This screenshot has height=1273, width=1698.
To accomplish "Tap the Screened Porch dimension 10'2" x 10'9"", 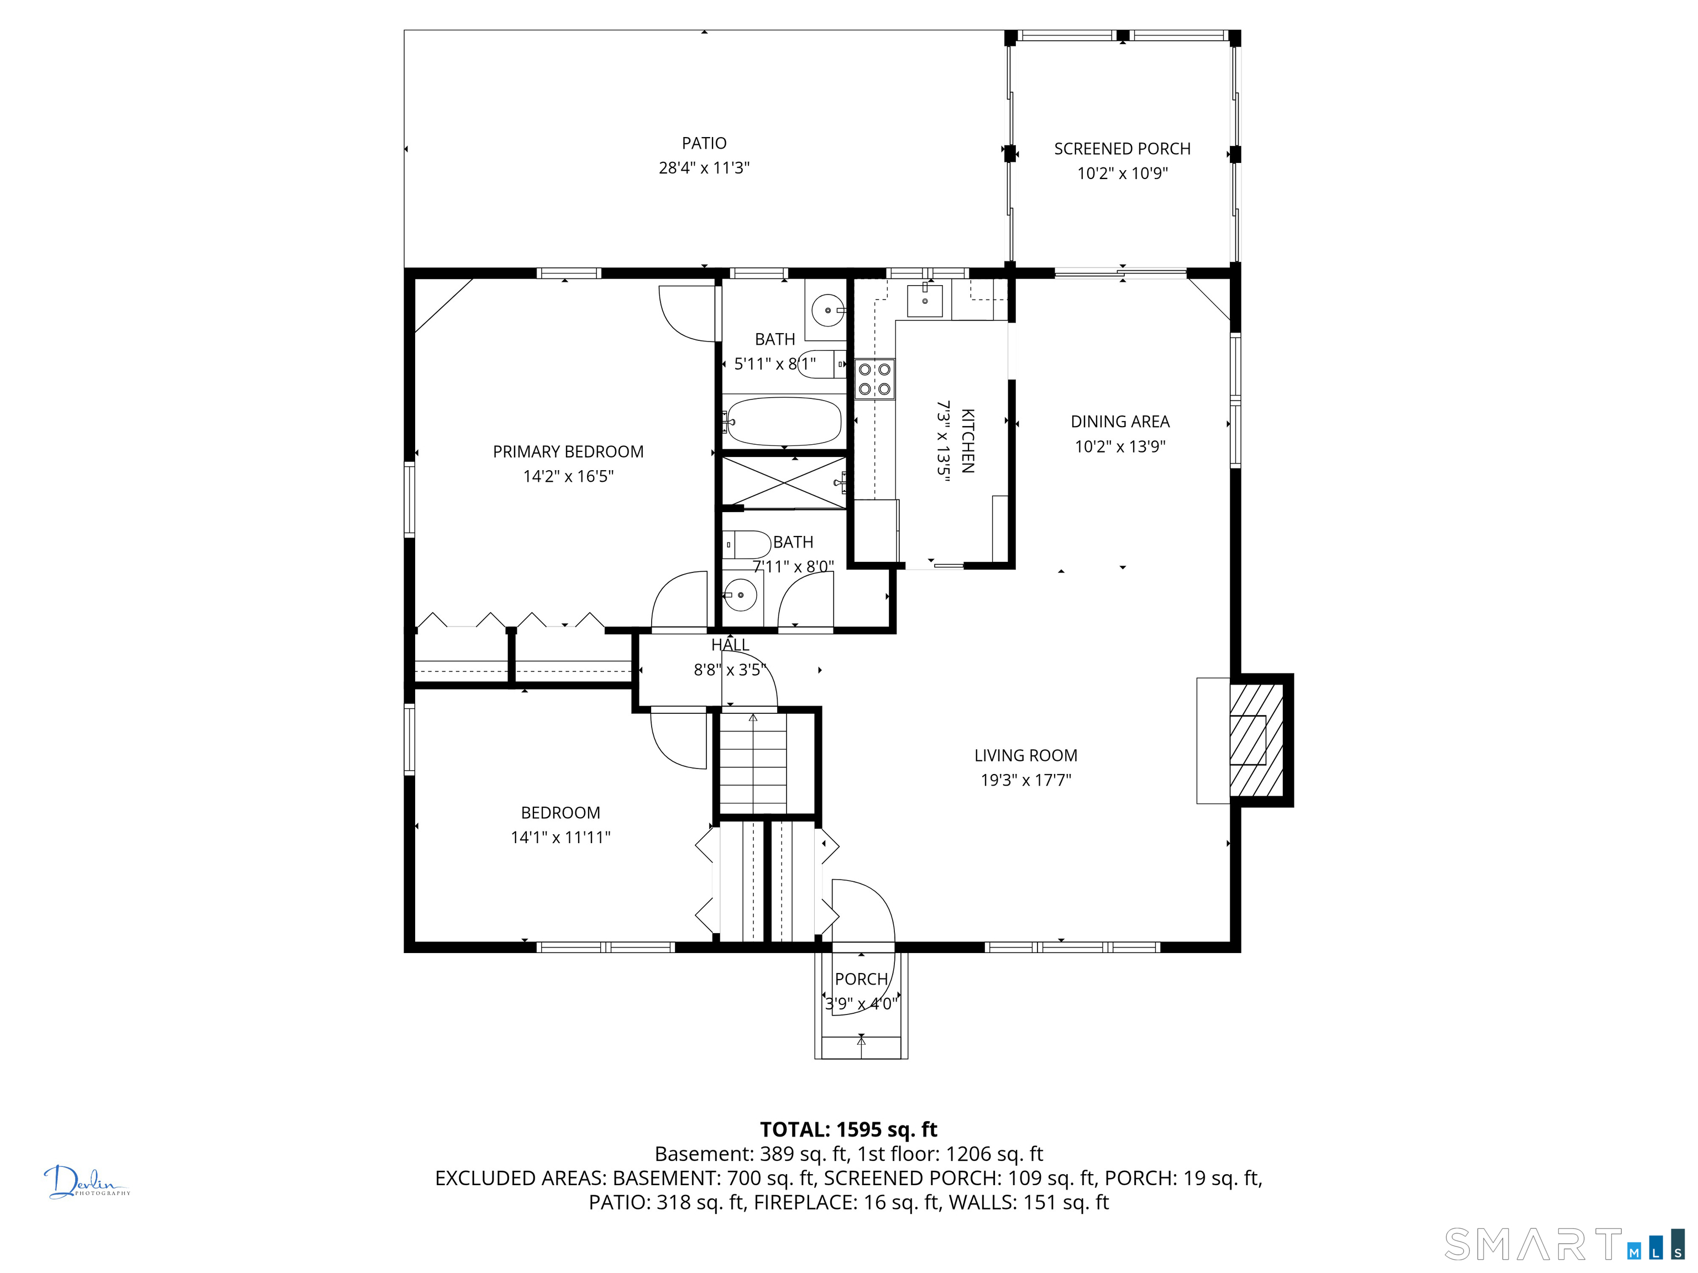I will tap(1121, 173).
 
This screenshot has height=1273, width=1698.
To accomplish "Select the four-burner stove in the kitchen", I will tap(875, 379).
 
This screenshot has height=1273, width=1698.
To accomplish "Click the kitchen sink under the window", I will tap(924, 299).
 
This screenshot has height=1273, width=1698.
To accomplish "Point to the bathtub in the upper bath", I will tap(784, 420).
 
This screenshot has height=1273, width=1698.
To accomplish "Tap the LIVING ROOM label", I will tap(1025, 756).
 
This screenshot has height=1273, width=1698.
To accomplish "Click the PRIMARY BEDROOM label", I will tap(568, 452).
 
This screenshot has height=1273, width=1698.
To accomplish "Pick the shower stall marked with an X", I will tap(784, 482).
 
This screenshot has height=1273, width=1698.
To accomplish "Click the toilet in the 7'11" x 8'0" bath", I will tap(748, 545).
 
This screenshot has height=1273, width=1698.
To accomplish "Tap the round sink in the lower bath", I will tap(741, 595).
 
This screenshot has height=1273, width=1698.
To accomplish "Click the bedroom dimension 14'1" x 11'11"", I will tap(560, 837).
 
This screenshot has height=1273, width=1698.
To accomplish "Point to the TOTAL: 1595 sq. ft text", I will tap(848, 1129).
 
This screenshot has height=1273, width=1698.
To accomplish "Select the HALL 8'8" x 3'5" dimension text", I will tap(729, 670).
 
